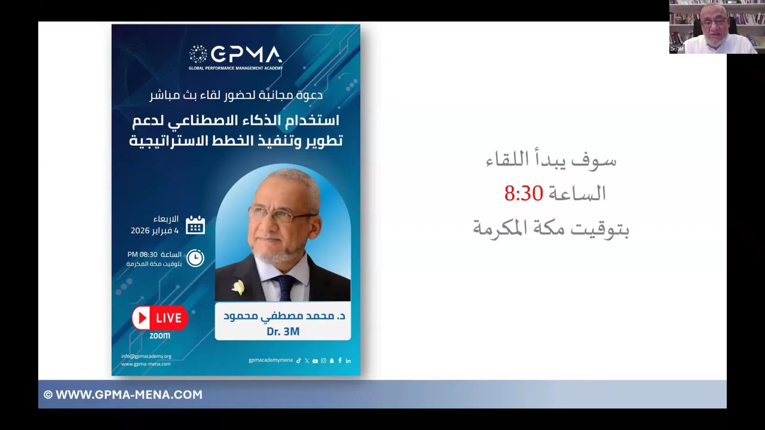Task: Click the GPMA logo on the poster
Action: click(x=235, y=56)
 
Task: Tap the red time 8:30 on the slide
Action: click(x=524, y=193)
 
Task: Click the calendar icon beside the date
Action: click(x=195, y=225)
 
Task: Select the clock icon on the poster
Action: click(x=195, y=258)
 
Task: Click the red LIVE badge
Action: click(x=160, y=318)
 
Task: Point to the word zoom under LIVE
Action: click(x=160, y=336)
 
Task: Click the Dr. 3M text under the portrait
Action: click(x=283, y=331)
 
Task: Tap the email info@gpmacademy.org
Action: click(x=146, y=356)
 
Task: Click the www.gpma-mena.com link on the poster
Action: click(x=146, y=364)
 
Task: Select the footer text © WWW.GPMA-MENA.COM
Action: click(x=123, y=395)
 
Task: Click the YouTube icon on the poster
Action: click(x=315, y=361)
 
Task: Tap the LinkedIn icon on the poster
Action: click(x=348, y=361)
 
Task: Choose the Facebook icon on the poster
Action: click(x=340, y=361)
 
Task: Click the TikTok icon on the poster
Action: click(x=298, y=361)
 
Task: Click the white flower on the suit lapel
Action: click(x=238, y=288)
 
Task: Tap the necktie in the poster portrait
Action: click(x=285, y=287)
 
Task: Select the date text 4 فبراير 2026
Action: click(x=155, y=231)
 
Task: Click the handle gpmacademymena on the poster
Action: click(x=271, y=361)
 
